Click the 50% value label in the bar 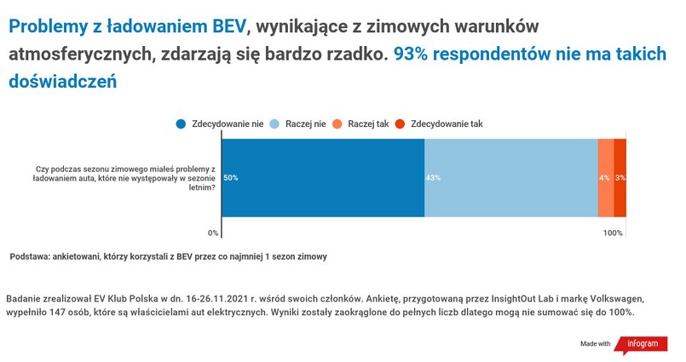click(231, 178)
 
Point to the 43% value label click(433, 178)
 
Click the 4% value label click(604, 178)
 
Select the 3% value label click(620, 178)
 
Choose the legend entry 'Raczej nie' click(298, 124)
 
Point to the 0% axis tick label click(213, 233)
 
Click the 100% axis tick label click(613, 233)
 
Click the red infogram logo click(642, 344)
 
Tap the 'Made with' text click(596, 344)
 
